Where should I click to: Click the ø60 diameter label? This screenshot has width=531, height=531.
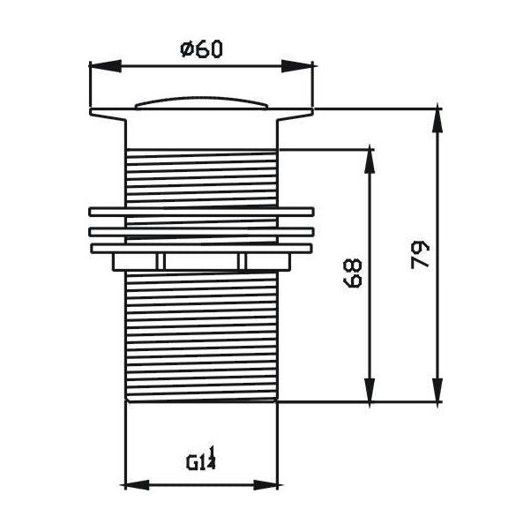point(201,49)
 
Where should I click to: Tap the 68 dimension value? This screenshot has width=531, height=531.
point(353,273)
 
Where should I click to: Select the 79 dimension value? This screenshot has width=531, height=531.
point(420,255)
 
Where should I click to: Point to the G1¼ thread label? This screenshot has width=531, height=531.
point(201,458)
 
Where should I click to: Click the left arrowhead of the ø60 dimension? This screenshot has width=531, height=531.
point(105,66)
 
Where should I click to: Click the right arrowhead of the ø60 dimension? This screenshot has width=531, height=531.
point(297,66)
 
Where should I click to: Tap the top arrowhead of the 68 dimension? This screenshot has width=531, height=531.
point(370,162)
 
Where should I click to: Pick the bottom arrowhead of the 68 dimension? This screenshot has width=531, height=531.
point(370,390)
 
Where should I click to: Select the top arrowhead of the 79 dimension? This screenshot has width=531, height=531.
point(438,122)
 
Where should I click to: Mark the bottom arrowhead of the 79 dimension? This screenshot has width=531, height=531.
point(438,390)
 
